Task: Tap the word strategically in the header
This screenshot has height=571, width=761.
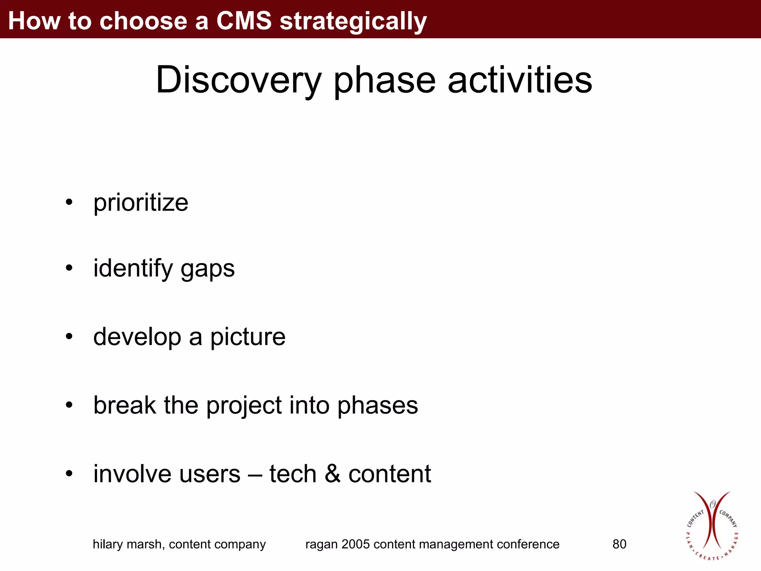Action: pyautogui.click(x=353, y=22)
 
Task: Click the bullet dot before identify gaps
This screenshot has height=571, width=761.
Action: pyautogui.click(x=69, y=268)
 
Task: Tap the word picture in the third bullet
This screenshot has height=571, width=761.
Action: pyautogui.click(x=248, y=337)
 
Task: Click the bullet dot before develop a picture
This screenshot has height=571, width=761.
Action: pyautogui.click(x=69, y=336)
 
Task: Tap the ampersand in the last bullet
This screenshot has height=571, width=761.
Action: pyautogui.click(x=332, y=474)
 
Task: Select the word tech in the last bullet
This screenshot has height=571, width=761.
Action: pyautogui.click(x=293, y=474)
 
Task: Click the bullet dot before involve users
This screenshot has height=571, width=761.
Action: pyautogui.click(x=69, y=474)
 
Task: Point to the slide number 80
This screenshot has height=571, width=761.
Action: pyautogui.click(x=619, y=544)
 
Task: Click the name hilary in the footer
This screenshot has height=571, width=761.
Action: pyautogui.click(x=108, y=544)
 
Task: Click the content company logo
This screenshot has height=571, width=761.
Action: pyautogui.click(x=712, y=526)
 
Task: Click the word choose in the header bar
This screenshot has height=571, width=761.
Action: pyautogui.click(x=143, y=20)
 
